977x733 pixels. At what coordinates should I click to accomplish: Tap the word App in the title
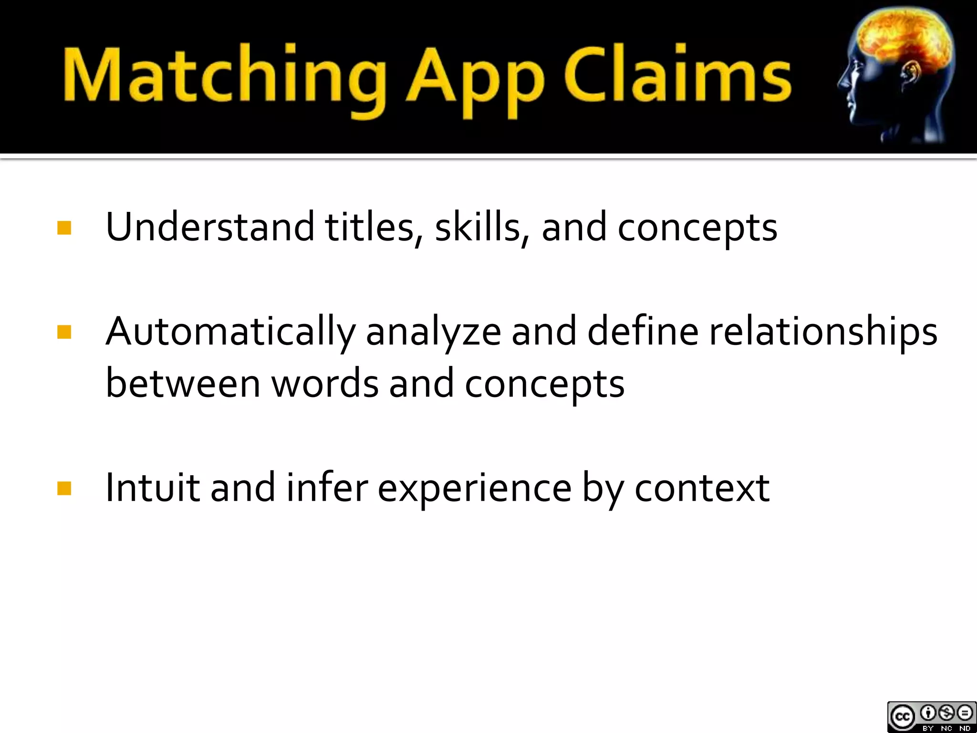(475, 79)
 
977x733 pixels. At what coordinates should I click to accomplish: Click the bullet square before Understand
(64, 228)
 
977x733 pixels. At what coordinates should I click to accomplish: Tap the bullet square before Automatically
(64, 332)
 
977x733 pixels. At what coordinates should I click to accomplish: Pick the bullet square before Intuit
(64, 488)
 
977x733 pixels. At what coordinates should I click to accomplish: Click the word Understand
(210, 227)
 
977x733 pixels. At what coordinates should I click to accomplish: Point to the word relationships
(823, 332)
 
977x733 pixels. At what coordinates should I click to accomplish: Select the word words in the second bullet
(324, 384)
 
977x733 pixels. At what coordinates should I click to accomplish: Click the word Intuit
(152, 488)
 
